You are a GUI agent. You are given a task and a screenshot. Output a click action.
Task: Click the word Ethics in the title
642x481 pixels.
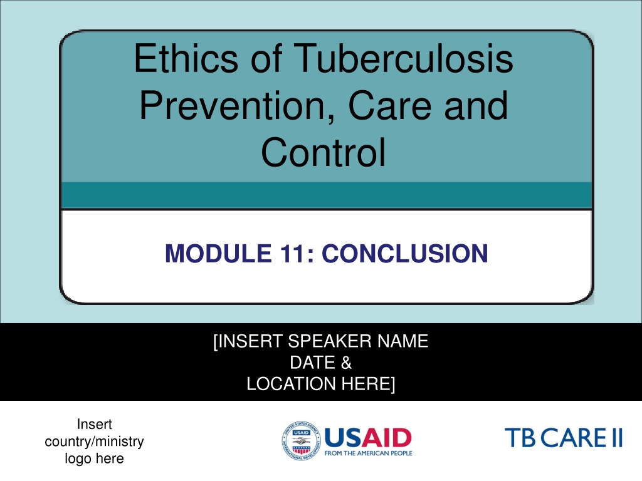coord(186,58)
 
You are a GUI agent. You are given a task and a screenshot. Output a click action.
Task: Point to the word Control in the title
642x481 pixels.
coord(324,152)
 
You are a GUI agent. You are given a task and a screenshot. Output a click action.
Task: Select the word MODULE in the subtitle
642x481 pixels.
coord(218,253)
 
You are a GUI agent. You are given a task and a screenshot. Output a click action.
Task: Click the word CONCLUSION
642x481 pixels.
coord(404,253)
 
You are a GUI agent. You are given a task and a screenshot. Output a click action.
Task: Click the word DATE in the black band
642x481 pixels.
coord(312,363)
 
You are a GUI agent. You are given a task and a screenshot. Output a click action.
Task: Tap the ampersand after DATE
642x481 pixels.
coord(346,363)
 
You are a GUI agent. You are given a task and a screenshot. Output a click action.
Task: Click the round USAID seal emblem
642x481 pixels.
coord(301,441)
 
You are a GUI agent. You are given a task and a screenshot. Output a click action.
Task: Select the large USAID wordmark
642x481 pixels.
coord(368,438)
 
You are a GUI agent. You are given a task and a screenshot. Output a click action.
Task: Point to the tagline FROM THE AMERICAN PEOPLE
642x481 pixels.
coord(368,453)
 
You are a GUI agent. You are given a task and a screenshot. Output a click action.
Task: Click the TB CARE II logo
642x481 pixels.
coord(564,438)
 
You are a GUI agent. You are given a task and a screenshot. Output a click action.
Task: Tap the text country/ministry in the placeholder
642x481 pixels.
coord(94,442)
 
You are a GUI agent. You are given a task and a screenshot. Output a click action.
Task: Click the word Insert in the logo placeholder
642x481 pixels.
coord(94,424)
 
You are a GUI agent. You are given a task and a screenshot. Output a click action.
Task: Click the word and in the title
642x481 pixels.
coord(476,105)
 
